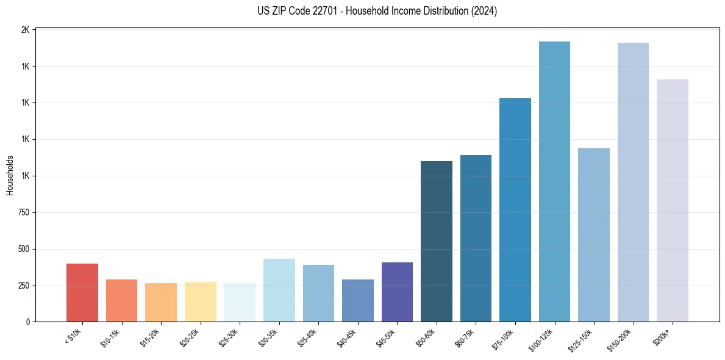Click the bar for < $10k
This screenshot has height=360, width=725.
[x=82, y=292]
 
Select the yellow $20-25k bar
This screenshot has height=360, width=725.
[x=201, y=301]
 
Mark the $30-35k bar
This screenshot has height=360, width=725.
[x=279, y=290]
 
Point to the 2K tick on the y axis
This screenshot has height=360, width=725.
[x=25, y=30]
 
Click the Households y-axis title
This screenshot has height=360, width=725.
[x=10, y=175]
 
